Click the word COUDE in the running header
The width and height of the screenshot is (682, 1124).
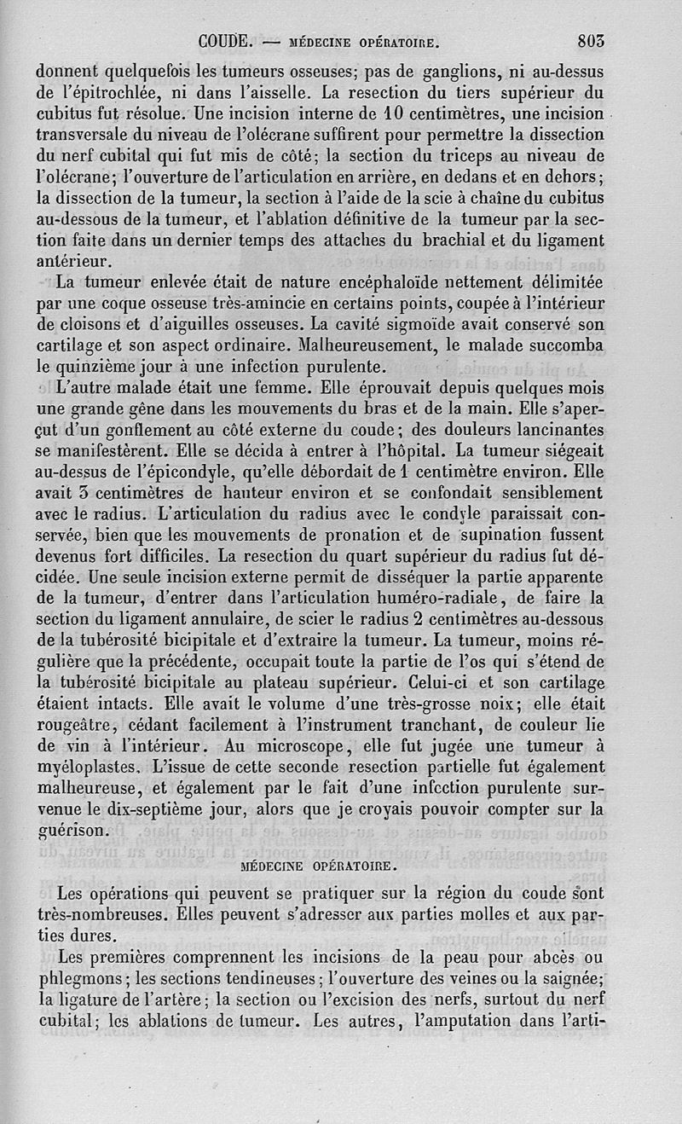[x=223, y=39]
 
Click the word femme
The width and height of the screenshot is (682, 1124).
[x=287, y=389]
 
